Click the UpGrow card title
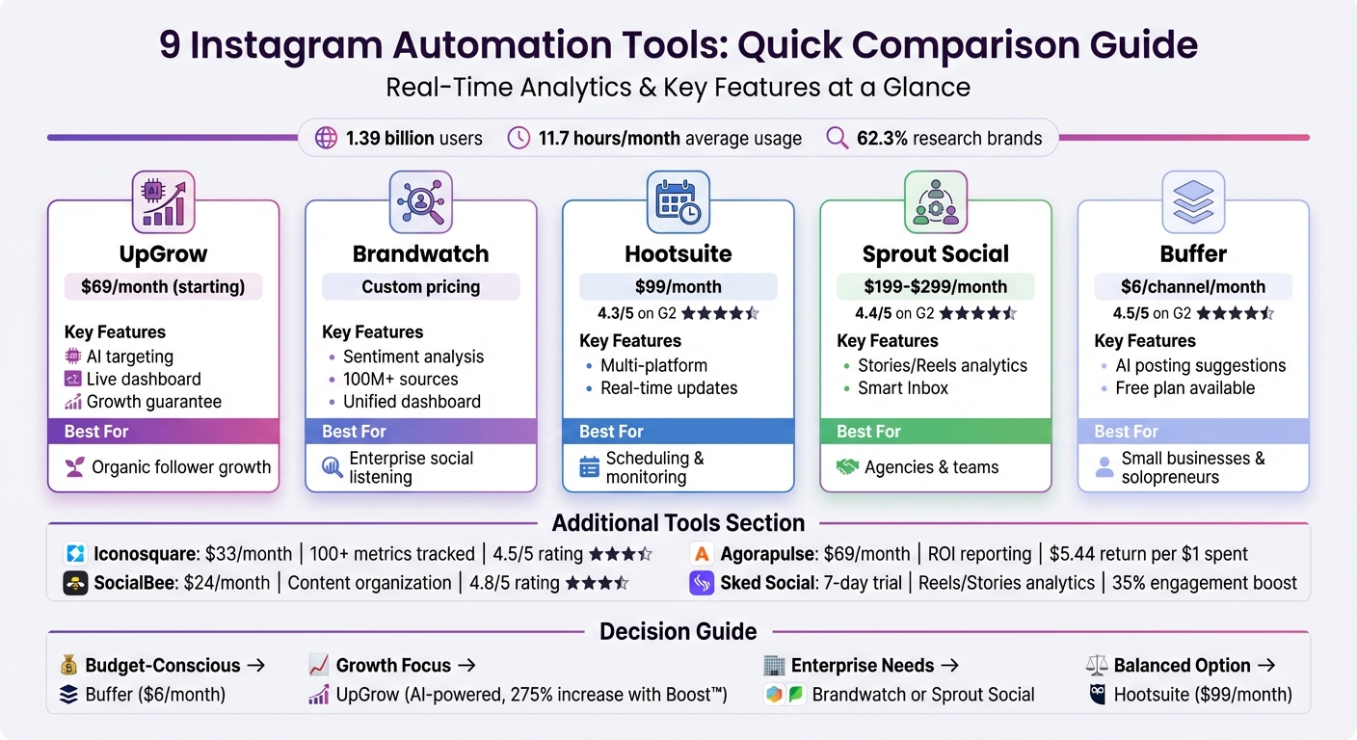(x=163, y=254)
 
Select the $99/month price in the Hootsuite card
(x=678, y=286)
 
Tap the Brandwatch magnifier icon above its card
(x=420, y=201)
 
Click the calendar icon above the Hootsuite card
(x=678, y=201)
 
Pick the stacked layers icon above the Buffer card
(x=1192, y=201)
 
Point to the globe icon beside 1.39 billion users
(x=327, y=138)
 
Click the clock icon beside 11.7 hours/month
(x=519, y=138)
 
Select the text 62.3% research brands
(x=948, y=138)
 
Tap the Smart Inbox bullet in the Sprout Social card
(x=903, y=388)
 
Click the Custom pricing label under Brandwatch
(x=420, y=286)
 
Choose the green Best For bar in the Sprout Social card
(x=935, y=432)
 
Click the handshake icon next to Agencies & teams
(x=847, y=467)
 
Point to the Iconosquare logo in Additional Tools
(x=75, y=554)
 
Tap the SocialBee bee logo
(x=75, y=583)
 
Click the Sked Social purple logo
(x=702, y=583)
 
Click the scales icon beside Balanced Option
(x=1097, y=666)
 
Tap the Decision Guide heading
(x=678, y=632)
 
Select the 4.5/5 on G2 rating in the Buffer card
(x=1142, y=313)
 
